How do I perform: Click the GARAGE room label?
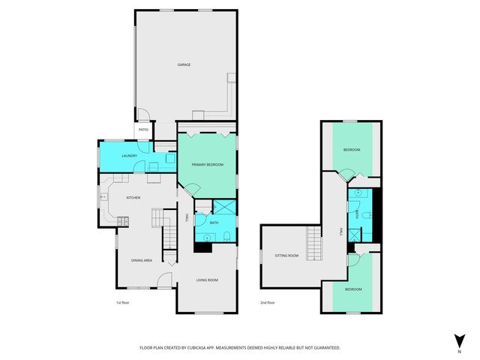(184, 65)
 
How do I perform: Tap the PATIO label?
(143, 130)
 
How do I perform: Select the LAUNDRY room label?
(109, 156)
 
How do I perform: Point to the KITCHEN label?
(133, 197)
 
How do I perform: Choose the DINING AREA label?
(142, 260)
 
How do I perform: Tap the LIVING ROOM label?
(207, 280)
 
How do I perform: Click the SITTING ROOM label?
(286, 256)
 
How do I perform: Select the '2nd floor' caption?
(267, 303)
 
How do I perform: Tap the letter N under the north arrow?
(458, 350)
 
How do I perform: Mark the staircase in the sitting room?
(313, 243)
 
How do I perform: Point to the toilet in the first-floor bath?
(226, 238)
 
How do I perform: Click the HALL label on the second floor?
(340, 232)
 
